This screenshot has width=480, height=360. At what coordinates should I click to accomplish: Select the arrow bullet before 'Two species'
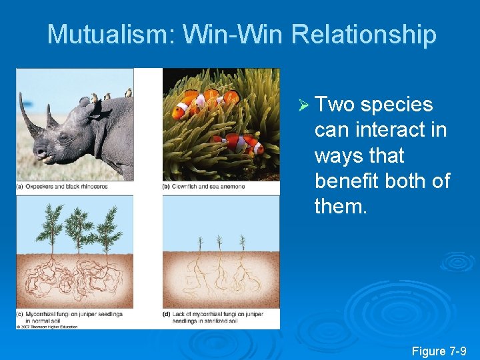tap(302, 105)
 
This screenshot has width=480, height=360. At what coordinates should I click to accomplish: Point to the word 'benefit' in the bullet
tap(353, 181)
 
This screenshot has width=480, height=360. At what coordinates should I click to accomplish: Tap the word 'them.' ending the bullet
tap(341, 207)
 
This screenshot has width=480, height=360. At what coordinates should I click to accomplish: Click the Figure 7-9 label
tap(439, 351)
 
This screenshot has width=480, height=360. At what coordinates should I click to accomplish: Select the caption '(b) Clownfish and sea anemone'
tap(204, 187)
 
